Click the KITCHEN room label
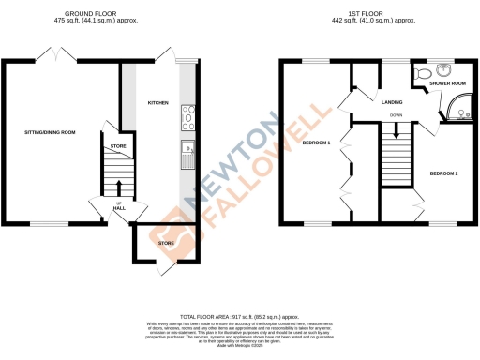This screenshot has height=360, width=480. (157, 102)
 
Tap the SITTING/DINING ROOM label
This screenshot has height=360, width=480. (50, 132)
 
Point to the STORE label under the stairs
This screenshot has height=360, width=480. (118, 146)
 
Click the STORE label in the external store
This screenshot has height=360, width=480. (166, 244)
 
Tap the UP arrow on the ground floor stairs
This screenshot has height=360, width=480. (119, 192)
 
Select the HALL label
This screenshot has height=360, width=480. (119, 207)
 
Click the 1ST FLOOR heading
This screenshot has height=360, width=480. (379, 12)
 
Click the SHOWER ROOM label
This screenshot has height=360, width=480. (447, 84)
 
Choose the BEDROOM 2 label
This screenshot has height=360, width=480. (443, 173)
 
